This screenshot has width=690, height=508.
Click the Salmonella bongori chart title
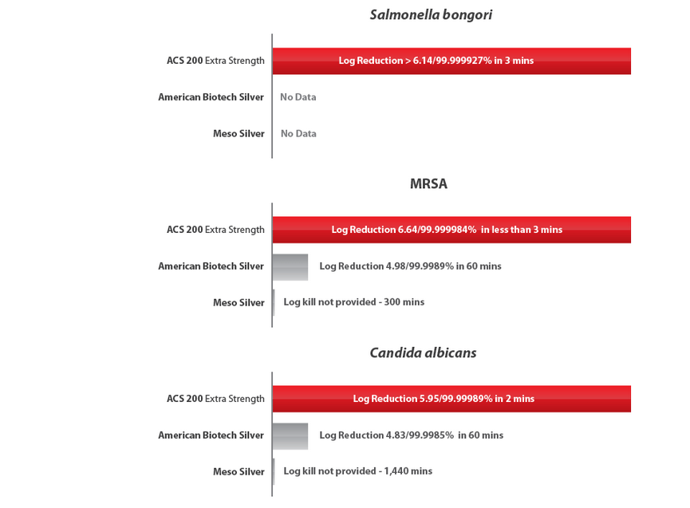430,14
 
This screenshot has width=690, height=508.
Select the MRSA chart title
428,184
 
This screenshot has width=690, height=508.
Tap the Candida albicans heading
423,352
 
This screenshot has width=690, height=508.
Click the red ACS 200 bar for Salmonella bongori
451,61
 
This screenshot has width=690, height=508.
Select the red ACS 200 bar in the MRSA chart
451,230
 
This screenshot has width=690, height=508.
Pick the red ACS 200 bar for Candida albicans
451,399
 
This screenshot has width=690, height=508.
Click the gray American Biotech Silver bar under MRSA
290,267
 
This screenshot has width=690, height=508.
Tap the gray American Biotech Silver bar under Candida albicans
290,436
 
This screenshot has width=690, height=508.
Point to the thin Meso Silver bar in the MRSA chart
274,302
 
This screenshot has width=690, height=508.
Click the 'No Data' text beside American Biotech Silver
298,97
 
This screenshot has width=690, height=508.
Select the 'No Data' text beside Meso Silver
298,134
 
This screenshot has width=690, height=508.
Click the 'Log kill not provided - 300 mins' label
353,302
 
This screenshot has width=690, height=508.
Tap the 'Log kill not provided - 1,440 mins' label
357,471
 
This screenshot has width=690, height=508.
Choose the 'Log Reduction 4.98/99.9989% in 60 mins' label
410,266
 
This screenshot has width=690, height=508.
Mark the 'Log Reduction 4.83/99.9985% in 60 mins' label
411,435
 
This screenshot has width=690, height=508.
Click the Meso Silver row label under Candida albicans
239,472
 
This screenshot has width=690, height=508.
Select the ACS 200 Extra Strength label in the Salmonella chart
215,61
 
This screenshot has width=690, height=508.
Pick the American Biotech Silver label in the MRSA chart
211,266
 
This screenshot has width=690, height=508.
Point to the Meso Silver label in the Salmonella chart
239,134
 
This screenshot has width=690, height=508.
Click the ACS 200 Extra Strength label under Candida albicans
215,399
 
